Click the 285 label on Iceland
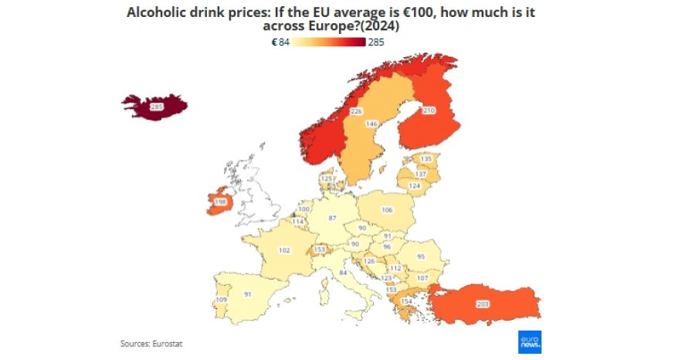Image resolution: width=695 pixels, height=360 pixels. click(x=157, y=107)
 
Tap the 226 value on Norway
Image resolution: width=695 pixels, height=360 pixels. click(x=356, y=111)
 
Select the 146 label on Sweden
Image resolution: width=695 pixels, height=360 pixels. click(x=371, y=124)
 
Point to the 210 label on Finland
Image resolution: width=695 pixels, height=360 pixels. click(x=429, y=110)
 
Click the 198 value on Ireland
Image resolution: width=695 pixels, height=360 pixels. click(x=220, y=202)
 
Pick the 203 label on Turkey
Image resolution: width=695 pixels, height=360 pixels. click(x=483, y=304)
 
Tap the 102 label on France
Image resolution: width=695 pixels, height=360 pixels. click(x=284, y=250)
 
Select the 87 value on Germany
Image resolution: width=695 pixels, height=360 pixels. click(x=332, y=218)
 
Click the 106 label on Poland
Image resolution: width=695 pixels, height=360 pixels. click(x=387, y=209)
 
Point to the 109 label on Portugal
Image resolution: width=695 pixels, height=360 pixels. click(x=221, y=301)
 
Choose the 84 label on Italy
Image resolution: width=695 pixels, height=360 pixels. click(x=343, y=273)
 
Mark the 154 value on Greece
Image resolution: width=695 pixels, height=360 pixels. click(x=406, y=301)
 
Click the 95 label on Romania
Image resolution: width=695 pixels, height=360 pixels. click(x=421, y=256)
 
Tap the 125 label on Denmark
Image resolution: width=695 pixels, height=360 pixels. click(x=327, y=178)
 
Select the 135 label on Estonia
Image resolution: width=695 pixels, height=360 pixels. click(x=425, y=159)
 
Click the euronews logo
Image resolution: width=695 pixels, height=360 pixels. click(x=530, y=341)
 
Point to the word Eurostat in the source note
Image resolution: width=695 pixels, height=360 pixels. click(x=168, y=344)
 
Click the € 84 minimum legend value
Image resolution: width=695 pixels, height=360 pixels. click(x=280, y=42)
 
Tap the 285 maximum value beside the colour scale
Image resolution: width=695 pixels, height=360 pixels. click(x=376, y=42)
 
